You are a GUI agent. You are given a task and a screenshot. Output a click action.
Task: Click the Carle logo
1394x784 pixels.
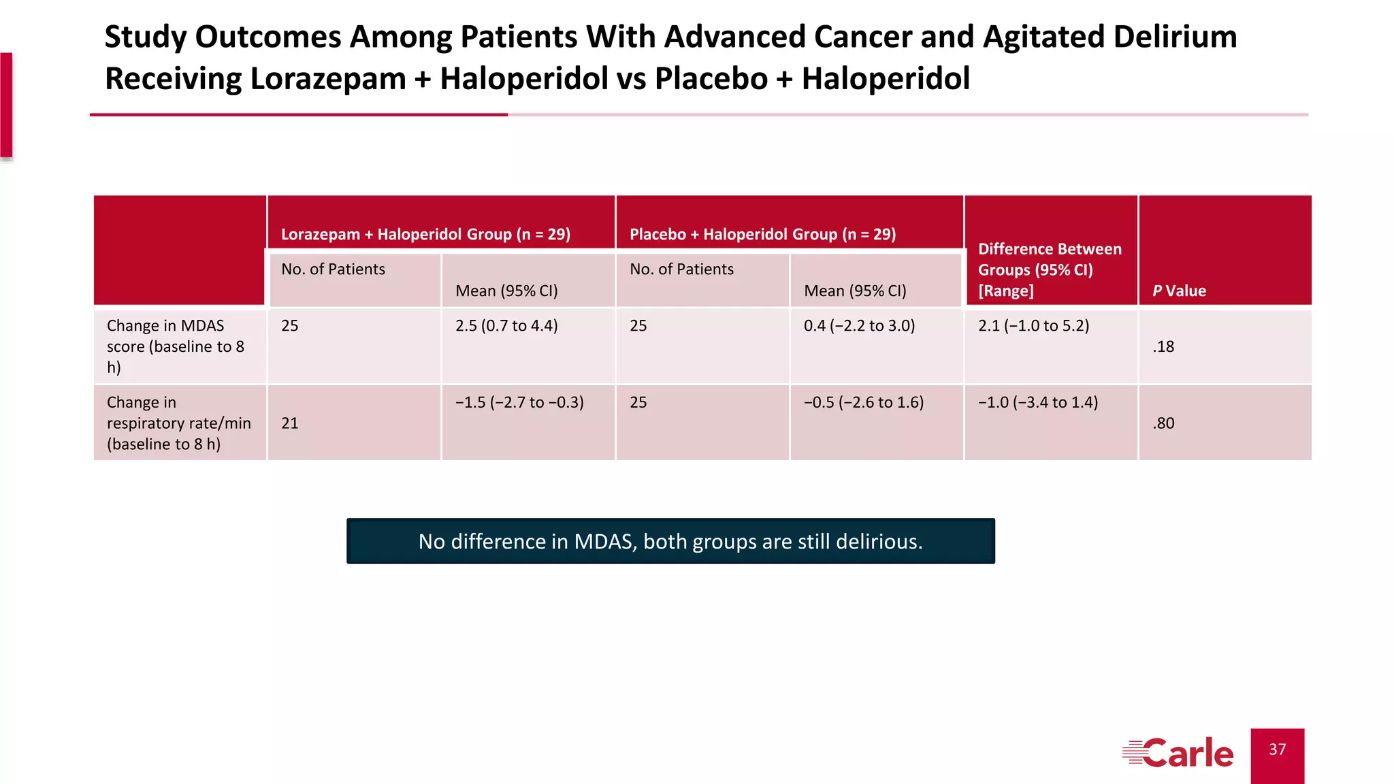click(1178, 753)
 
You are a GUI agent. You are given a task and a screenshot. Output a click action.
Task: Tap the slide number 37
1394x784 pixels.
click(1277, 749)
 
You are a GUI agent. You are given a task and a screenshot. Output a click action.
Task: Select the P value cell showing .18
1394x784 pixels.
click(1164, 346)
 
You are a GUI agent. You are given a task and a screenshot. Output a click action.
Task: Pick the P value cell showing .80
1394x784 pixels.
click(1164, 423)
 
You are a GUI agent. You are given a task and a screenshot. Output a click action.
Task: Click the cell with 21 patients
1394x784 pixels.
click(290, 423)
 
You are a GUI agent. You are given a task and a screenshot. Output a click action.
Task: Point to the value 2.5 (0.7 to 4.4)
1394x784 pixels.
click(506, 326)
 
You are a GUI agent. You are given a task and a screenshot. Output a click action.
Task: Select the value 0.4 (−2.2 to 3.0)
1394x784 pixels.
click(859, 326)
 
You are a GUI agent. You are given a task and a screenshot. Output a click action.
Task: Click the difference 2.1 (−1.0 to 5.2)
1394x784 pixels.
click(1033, 326)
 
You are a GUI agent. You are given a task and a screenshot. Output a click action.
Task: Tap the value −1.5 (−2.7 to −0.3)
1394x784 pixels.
click(519, 402)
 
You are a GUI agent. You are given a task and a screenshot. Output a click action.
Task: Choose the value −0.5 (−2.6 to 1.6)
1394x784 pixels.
click(863, 402)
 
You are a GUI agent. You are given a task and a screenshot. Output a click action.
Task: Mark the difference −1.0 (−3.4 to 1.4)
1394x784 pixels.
click(1038, 402)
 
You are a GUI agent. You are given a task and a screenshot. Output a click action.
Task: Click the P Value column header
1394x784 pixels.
click(1179, 291)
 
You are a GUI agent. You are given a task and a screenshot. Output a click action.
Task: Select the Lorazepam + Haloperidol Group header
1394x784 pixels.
click(425, 234)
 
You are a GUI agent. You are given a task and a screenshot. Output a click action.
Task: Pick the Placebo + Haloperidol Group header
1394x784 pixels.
click(762, 234)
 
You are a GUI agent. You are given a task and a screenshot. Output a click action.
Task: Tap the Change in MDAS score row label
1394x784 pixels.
click(175, 346)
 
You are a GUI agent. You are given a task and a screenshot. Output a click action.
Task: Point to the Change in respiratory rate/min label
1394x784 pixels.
click(178, 423)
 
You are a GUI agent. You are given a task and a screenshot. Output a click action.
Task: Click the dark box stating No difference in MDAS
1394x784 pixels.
click(670, 541)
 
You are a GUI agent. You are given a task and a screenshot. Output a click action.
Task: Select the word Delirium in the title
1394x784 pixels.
click(1175, 37)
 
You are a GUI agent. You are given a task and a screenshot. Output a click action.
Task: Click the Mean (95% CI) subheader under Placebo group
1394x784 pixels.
click(855, 291)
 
